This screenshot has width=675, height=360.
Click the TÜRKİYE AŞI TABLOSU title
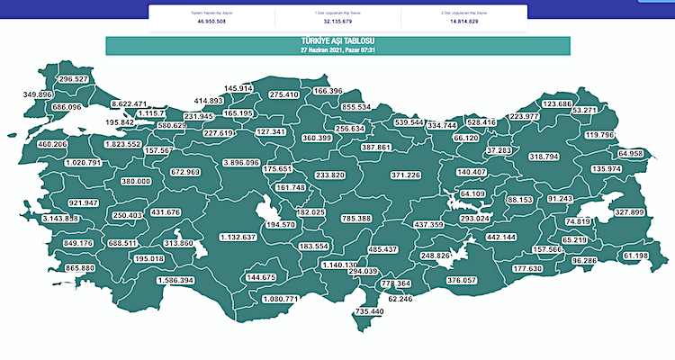pos(337,42)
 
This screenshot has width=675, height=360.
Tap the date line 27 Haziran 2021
pos(337,50)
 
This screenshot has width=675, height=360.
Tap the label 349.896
pos(36,94)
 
